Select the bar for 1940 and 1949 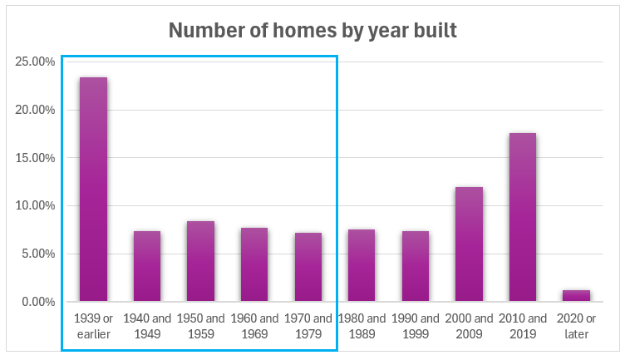[x=146, y=266]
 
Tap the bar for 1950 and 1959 [x=200, y=261]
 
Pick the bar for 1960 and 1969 [x=254, y=264]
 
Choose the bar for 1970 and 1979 [x=308, y=267]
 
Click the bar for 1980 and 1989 [x=362, y=265]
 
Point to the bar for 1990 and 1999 [x=416, y=266]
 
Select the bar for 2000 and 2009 [x=469, y=244]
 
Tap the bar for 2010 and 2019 [x=523, y=217]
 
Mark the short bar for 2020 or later [x=576, y=295]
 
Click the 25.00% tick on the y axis [x=34, y=62]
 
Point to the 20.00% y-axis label [x=34, y=110]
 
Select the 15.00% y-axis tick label [x=34, y=158]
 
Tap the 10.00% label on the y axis [x=34, y=205]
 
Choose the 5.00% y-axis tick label [x=37, y=254]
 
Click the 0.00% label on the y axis [x=37, y=302]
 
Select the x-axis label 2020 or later [x=576, y=326]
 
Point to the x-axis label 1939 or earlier [x=93, y=326]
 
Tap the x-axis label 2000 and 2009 [x=469, y=326]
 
